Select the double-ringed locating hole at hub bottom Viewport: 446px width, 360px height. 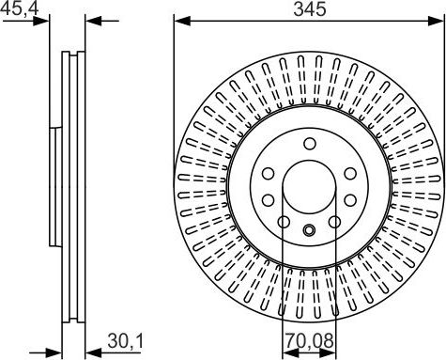[309, 231]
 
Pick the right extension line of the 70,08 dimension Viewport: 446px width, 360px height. [334, 282]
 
